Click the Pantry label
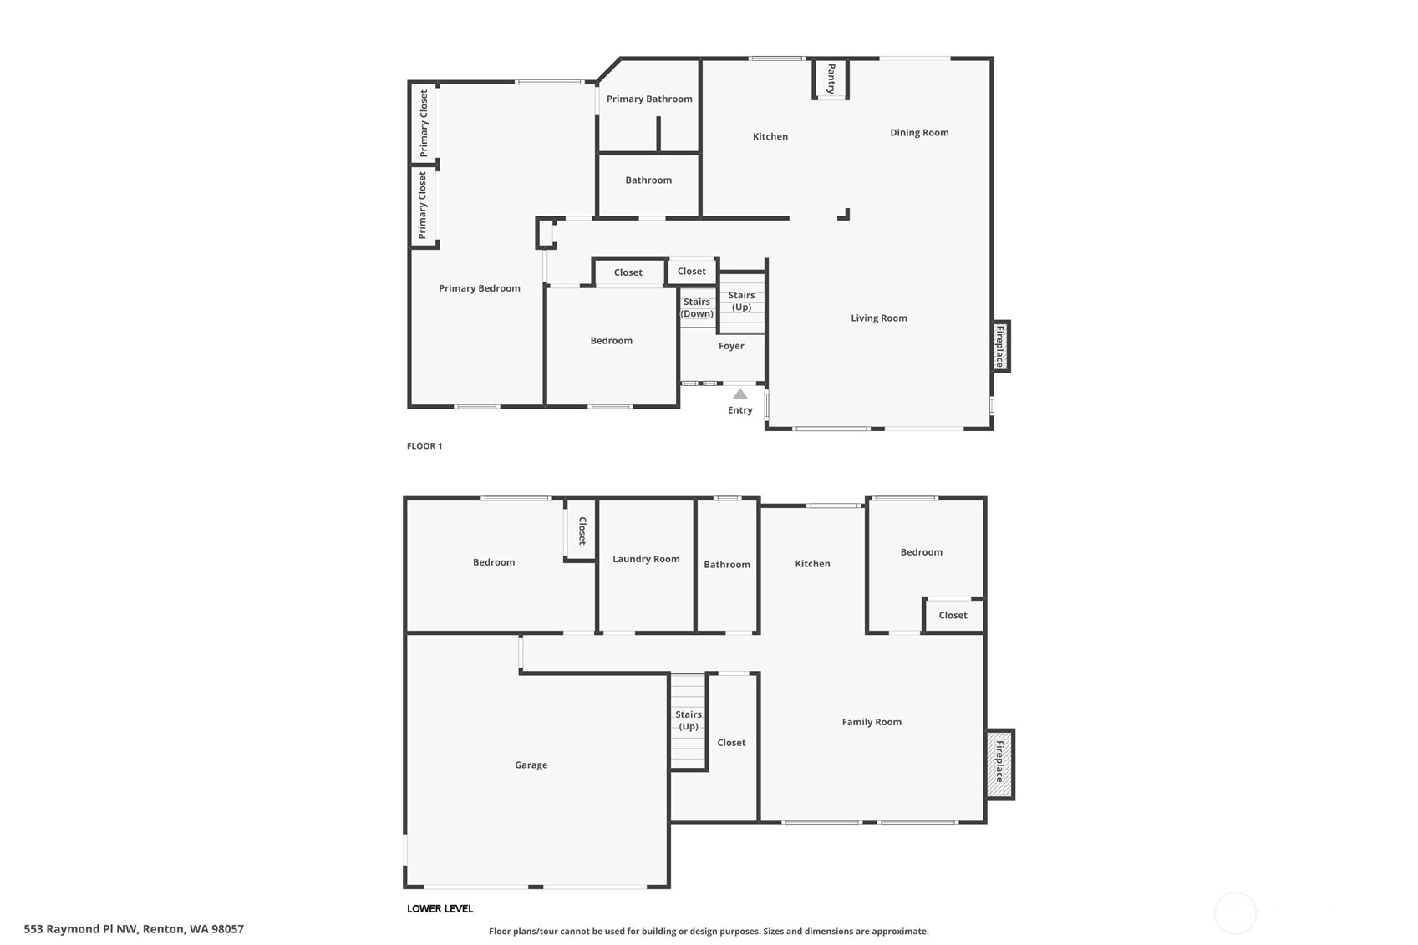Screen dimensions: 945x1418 click(831, 79)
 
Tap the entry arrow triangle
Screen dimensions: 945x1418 click(740, 394)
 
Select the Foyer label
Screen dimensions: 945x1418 click(731, 346)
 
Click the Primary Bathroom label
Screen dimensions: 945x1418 click(649, 99)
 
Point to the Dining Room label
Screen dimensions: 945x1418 click(919, 132)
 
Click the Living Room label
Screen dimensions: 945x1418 click(879, 318)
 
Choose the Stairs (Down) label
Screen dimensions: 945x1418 click(697, 307)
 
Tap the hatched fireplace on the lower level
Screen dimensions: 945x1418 click(999, 765)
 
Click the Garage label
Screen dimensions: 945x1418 click(531, 765)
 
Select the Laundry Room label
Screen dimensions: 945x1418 click(646, 559)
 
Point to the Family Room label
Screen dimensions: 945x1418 click(872, 722)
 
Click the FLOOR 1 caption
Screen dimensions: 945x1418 click(424, 446)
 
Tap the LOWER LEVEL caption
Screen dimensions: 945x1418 click(440, 908)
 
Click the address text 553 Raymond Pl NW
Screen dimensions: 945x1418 click(134, 928)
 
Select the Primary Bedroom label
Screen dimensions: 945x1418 click(480, 288)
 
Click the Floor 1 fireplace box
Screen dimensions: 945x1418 click(1000, 346)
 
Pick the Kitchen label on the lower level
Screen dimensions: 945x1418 click(812, 564)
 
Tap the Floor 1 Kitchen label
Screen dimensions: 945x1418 click(770, 136)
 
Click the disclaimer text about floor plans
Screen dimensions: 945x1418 click(709, 931)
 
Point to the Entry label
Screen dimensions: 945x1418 click(740, 410)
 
